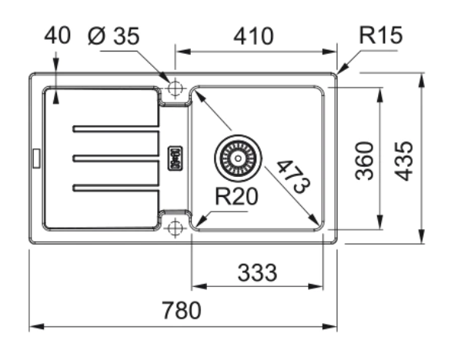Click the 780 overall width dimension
click(182, 310)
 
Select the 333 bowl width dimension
click(257, 273)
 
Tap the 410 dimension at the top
click(253, 36)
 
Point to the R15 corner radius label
click(381, 35)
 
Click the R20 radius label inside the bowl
click(236, 196)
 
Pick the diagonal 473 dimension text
click(293, 177)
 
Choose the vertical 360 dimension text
click(364, 161)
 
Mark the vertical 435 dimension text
click(403, 162)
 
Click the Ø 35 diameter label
click(114, 36)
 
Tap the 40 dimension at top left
click(57, 35)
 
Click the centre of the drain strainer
click(238, 158)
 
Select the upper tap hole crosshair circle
click(176, 88)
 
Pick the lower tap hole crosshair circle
click(176, 228)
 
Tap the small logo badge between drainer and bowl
click(175, 158)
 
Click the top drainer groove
click(116, 128)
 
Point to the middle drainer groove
click(116, 158)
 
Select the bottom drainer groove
click(116, 188)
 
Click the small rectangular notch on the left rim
click(36, 158)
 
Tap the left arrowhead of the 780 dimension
click(36, 326)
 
